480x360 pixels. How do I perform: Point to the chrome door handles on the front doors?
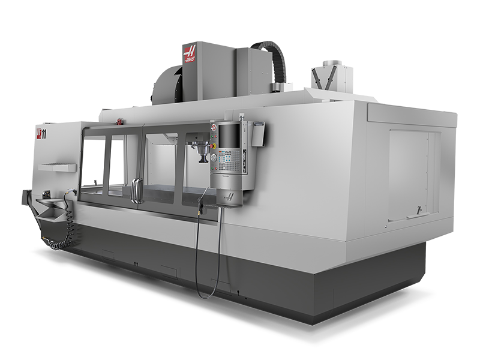137,191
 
